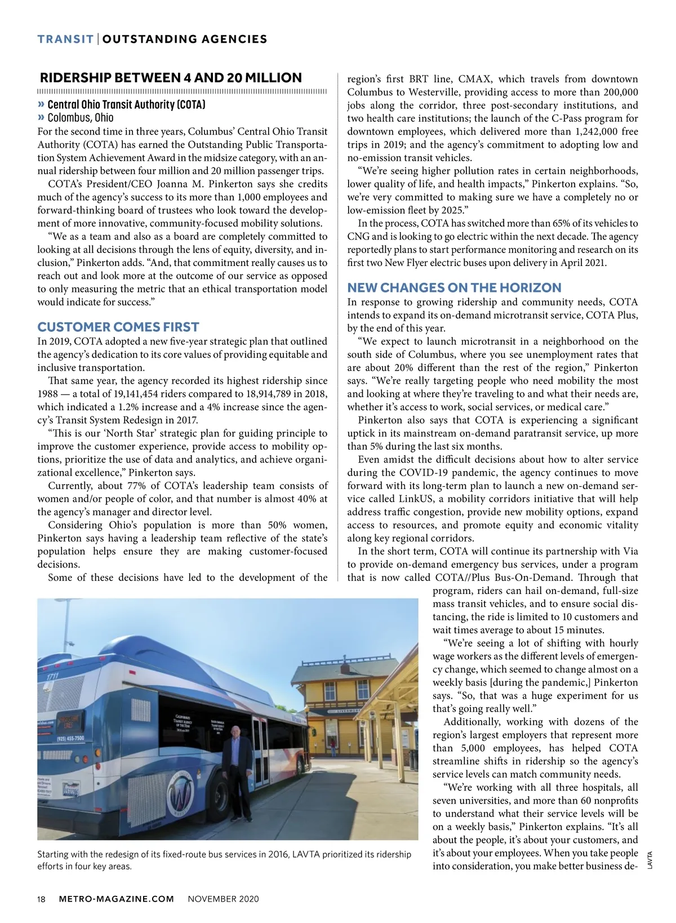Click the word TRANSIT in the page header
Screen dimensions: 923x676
tap(65, 39)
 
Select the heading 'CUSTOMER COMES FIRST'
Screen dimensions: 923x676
tap(118, 327)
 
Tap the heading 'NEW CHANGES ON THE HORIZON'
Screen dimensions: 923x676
tap(454, 287)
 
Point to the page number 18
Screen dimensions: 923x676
tap(41, 899)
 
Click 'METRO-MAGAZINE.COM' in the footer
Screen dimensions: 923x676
tap(117, 899)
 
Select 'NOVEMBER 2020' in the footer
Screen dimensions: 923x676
tap(223, 899)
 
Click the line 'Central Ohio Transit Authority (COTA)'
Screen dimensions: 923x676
tap(126, 104)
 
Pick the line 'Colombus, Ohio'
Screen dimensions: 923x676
tap(80, 118)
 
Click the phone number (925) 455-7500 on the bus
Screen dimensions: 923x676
tap(70, 738)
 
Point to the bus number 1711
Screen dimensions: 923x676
tap(52, 675)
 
